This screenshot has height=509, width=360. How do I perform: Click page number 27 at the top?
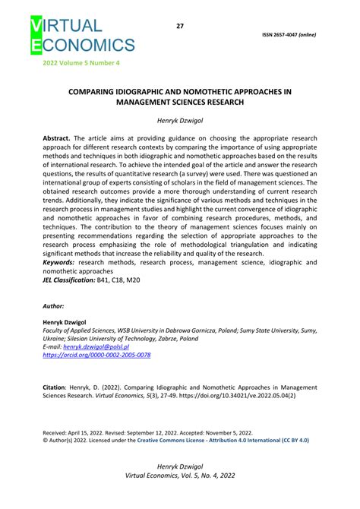pos(180,26)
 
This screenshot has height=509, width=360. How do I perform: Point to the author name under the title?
pos(180,120)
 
